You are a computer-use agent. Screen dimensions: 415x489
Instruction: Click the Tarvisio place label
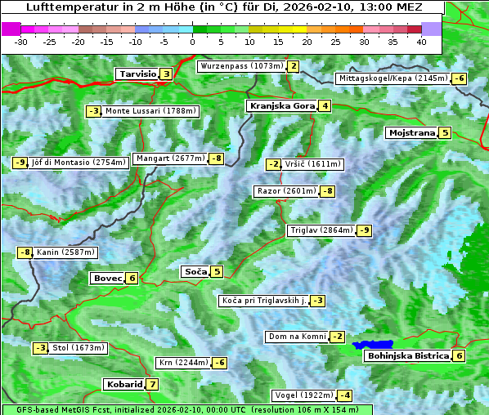pos(137,74)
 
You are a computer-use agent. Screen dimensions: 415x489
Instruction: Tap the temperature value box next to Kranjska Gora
pos(325,105)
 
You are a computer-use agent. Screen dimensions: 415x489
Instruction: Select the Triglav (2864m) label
pos(321,230)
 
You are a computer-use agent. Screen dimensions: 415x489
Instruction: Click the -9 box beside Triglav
pos(364,230)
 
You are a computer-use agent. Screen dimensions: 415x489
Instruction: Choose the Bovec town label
pos(107,279)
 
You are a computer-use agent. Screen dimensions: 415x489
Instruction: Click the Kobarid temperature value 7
pos(152,385)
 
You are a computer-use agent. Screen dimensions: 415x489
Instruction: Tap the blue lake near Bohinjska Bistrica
pos(374,345)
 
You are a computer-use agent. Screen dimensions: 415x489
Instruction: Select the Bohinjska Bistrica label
pos(408,356)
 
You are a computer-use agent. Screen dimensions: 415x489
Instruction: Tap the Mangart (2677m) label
pos(170,158)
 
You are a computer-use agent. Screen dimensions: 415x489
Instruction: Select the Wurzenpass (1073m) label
pos(241,66)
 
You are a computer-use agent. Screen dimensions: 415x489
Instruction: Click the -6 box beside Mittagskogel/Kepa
pos(460,78)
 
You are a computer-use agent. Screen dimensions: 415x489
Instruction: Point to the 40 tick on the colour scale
pos(421,42)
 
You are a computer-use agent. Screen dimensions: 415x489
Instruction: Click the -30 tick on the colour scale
pos(21,42)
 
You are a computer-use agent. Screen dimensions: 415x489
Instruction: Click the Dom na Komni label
pos(297,337)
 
